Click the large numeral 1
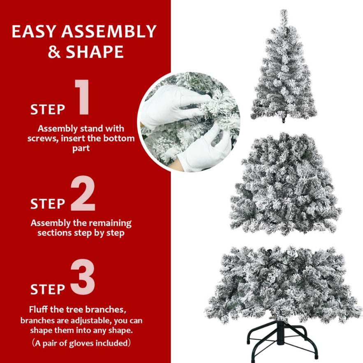pos(82,97)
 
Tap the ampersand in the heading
pos(54,52)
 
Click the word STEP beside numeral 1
pos(48,110)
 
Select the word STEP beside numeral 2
pos(48,204)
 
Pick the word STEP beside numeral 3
pos(48,289)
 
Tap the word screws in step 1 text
pos(43,139)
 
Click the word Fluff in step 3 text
pos(40,310)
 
